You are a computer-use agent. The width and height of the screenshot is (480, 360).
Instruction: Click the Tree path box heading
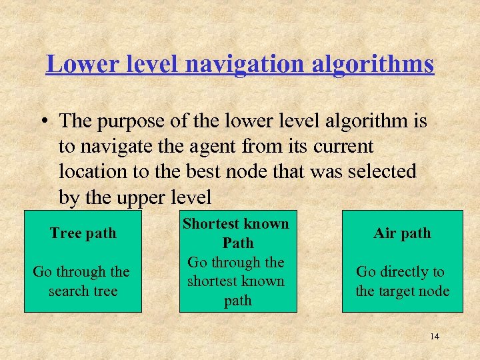pyautogui.click(x=83, y=233)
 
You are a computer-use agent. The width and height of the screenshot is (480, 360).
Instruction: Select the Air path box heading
pyautogui.click(x=402, y=233)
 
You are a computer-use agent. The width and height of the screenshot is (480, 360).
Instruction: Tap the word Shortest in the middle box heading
pyautogui.click(x=213, y=224)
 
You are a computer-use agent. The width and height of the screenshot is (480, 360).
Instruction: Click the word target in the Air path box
pyautogui.click(x=401, y=291)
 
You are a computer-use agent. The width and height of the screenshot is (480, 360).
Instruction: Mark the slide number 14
pyautogui.click(x=435, y=337)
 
